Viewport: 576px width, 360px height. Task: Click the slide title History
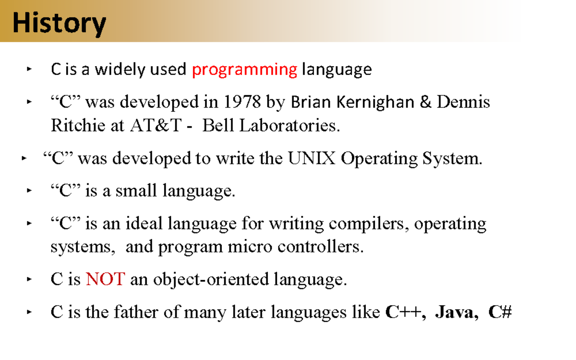click(x=60, y=23)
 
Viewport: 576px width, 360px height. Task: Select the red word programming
click(x=244, y=70)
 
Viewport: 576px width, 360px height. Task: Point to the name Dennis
click(x=463, y=102)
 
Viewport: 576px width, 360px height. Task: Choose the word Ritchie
click(x=78, y=126)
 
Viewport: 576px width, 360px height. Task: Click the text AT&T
click(x=156, y=126)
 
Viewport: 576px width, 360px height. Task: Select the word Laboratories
click(x=289, y=126)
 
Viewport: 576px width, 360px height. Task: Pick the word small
click(x=136, y=191)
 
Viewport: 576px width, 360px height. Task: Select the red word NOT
click(x=106, y=279)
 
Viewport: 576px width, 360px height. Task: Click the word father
click(x=135, y=312)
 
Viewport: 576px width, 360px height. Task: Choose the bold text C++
click(x=404, y=312)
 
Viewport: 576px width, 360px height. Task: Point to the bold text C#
click(x=500, y=312)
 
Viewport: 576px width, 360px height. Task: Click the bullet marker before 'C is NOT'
click(x=29, y=279)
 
